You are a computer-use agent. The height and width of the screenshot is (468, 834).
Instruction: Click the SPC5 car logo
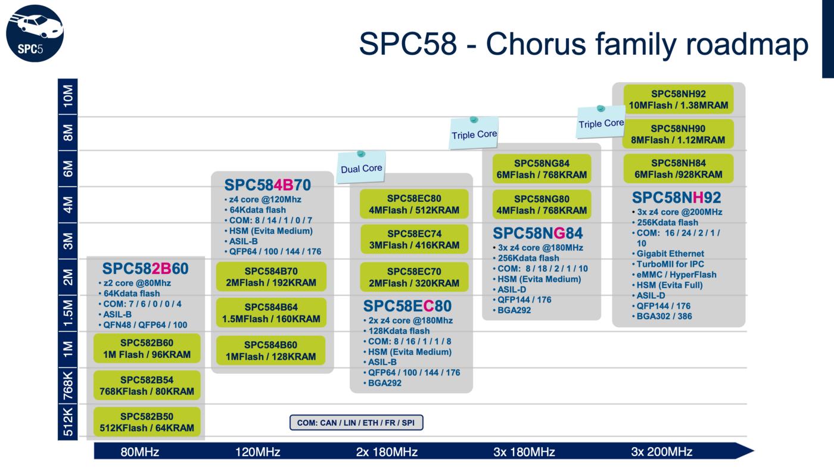(x=35, y=33)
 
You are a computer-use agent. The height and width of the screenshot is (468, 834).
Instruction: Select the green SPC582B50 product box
(x=147, y=422)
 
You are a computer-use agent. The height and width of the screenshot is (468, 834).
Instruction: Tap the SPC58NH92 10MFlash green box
(x=679, y=99)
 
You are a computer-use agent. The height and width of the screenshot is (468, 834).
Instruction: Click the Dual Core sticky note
(x=361, y=167)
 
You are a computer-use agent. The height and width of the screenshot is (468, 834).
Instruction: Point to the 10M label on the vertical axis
(x=68, y=96)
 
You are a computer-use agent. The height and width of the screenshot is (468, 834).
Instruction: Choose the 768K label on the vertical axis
(x=68, y=385)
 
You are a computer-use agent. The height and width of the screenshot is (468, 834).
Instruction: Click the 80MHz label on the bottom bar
(x=139, y=452)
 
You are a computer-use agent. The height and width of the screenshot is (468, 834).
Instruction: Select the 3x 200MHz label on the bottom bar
(x=662, y=452)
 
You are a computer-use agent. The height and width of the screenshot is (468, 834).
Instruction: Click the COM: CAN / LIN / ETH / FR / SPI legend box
(x=356, y=423)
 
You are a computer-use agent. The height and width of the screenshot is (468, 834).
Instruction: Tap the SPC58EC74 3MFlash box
(x=414, y=239)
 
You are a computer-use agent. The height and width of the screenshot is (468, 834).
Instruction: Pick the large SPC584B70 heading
(x=267, y=185)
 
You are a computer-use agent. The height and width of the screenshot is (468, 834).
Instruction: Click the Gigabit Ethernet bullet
(x=670, y=254)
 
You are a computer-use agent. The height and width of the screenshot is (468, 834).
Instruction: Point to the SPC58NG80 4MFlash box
(x=542, y=204)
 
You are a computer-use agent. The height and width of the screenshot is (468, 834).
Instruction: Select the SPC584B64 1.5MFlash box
(x=271, y=313)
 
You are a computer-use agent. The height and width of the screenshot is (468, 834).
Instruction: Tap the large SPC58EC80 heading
(x=407, y=306)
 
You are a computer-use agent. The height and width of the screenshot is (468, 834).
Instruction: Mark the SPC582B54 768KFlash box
(x=147, y=385)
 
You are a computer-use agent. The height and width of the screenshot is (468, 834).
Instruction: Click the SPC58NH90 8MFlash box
(x=678, y=134)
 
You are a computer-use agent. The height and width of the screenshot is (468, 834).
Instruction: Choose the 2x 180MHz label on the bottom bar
(x=387, y=452)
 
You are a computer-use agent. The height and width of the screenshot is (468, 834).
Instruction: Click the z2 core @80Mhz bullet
(x=135, y=283)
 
